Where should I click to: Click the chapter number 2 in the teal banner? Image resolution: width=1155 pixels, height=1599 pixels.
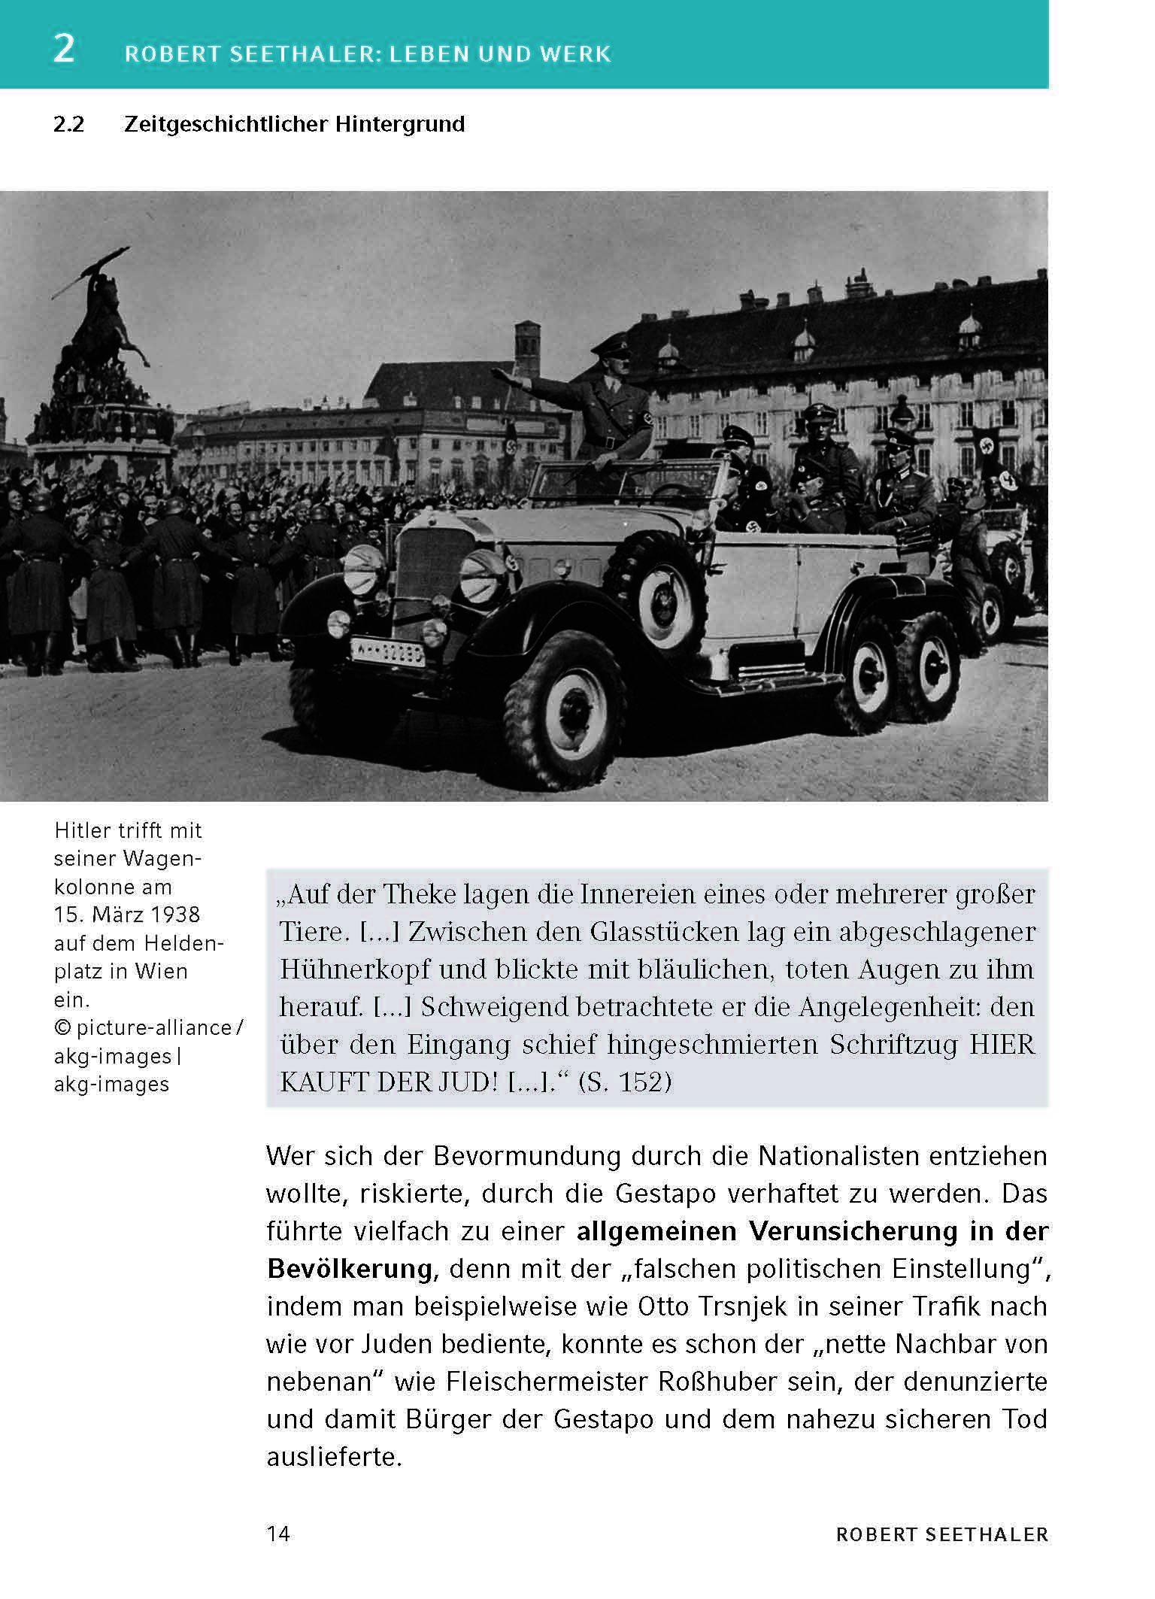click(65, 50)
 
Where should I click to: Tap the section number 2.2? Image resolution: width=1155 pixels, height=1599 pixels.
click(69, 124)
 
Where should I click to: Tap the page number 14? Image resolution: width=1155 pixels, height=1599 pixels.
click(278, 1534)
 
